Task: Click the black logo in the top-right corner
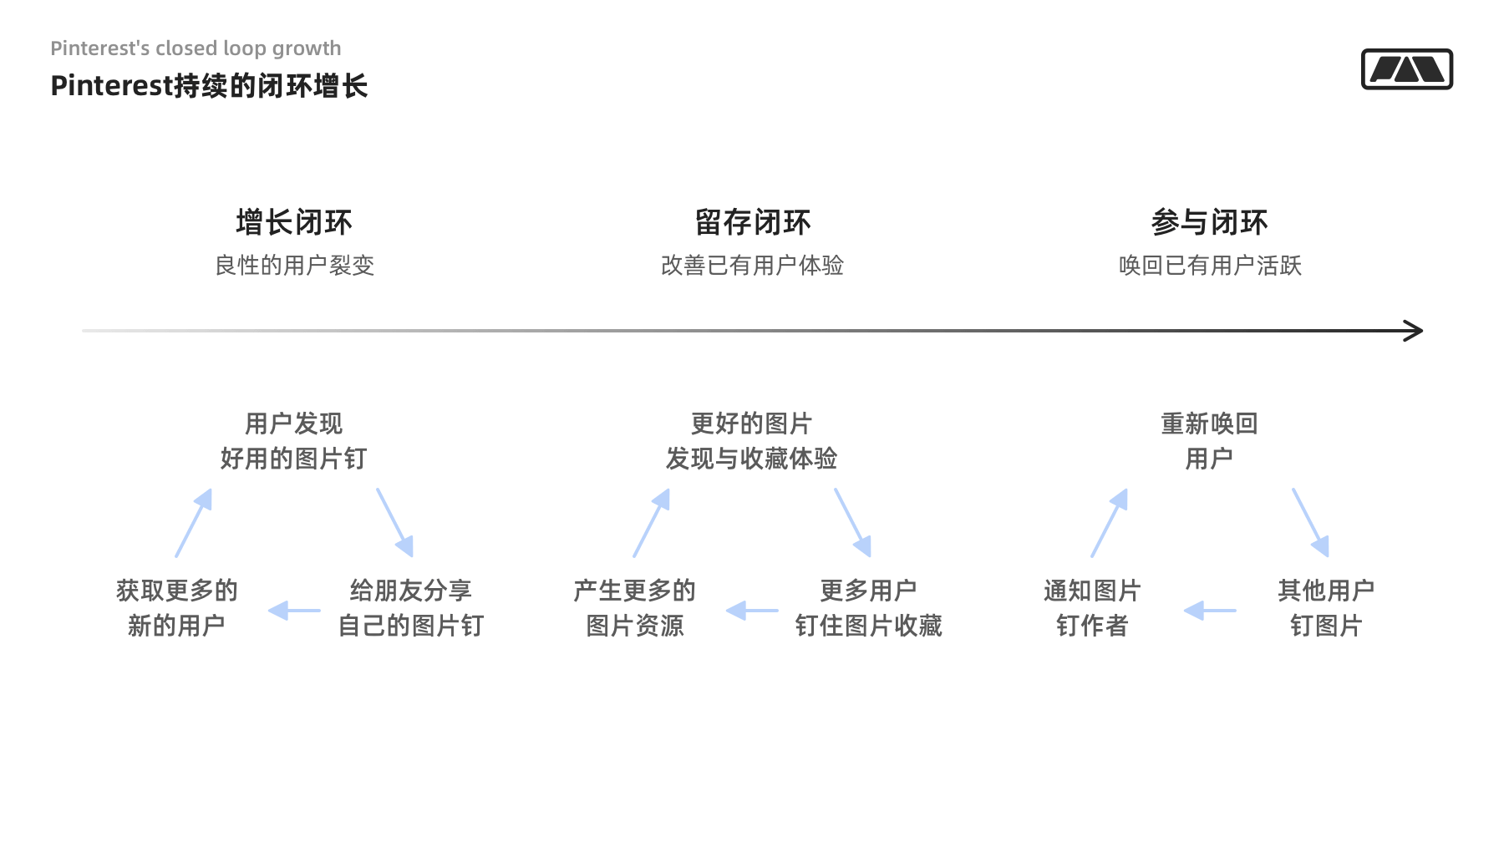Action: point(1407,69)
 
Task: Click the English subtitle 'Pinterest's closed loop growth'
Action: point(196,48)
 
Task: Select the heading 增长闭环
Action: point(294,223)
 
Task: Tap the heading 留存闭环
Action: point(753,223)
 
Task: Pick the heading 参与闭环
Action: point(1210,223)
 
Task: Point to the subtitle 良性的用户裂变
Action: point(295,266)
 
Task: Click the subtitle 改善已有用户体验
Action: point(753,266)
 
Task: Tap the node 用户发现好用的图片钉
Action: point(294,441)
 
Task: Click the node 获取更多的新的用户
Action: point(176,608)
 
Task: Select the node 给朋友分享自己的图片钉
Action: point(411,608)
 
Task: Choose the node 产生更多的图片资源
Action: point(635,608)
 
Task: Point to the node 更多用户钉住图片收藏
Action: point(869,608)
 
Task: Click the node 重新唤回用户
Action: point(1210,441)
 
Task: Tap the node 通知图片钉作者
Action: point(1092,608)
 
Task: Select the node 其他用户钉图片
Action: point(1326,608)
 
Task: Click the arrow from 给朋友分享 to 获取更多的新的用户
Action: point(294,611)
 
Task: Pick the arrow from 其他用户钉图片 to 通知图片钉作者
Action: point(1210,611)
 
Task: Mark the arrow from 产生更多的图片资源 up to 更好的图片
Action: point(652,523)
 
